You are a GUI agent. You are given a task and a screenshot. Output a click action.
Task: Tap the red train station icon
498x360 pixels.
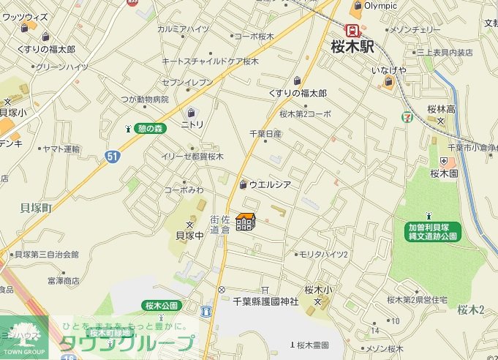[x=354, y=31]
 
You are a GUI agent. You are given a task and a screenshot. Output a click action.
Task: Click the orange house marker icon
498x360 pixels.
[x=245, y=222]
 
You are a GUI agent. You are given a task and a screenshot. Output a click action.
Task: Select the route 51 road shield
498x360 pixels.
[x=111, y=156]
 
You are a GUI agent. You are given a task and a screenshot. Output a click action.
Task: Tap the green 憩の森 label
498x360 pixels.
[x=151, y=128]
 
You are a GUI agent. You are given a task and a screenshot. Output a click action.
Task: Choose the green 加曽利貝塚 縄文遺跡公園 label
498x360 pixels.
[x=433, y=231]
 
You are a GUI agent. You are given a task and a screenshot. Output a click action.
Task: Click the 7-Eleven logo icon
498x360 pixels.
[x=406, y=116]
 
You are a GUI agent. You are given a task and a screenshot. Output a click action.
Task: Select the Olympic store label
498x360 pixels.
[x=380, y=6]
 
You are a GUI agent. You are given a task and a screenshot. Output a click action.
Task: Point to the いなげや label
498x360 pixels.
[x=388, y=70]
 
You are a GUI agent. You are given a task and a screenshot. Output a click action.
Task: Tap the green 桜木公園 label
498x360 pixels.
[x=161, y=304]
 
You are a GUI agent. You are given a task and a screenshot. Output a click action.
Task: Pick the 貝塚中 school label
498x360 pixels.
[x=189, y=236]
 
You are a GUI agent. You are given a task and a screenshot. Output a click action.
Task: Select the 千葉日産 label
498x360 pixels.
[x=265, y=134]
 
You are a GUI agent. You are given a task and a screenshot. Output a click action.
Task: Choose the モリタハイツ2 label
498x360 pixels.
[x=324, y=254]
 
